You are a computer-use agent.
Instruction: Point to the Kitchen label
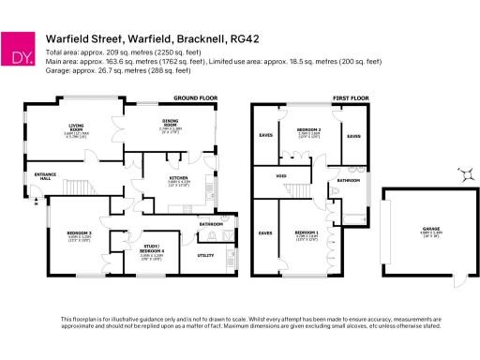click(x=178, y=176)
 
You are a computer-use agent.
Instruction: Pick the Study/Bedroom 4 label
click(x=140, y=246)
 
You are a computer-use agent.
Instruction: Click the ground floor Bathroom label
click(x=210, y=224)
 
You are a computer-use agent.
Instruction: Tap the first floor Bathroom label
click(x=349, y=178)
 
